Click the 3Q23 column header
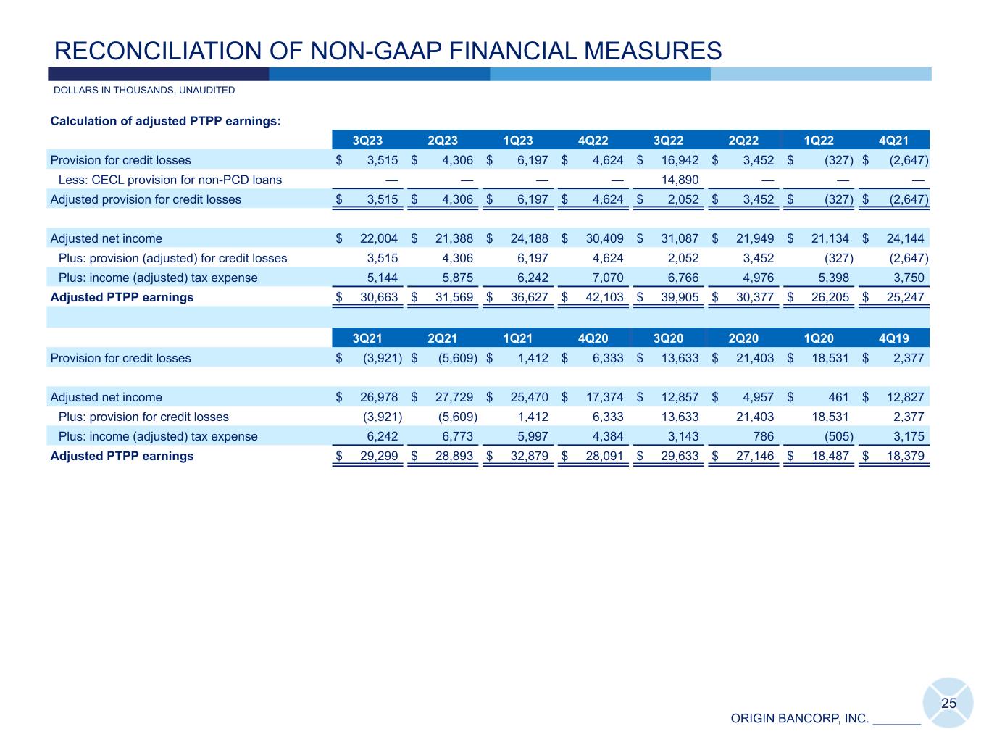(x=367, y=141)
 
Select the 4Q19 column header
(x=893, y=338)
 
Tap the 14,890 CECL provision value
(x=680, y=180)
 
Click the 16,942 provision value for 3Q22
(x=680, y=160)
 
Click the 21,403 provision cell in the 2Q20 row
(x=755, y=358)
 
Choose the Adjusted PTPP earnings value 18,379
(x=903, y=456)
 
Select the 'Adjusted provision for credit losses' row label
(x=146, y=199)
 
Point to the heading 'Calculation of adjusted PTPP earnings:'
(x=165, y=121)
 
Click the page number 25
(x=948, y=703)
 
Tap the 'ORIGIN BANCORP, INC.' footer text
(x=799, y=718)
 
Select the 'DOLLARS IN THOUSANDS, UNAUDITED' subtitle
(x=144, y=91)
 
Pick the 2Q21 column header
(x=443, y=338)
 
